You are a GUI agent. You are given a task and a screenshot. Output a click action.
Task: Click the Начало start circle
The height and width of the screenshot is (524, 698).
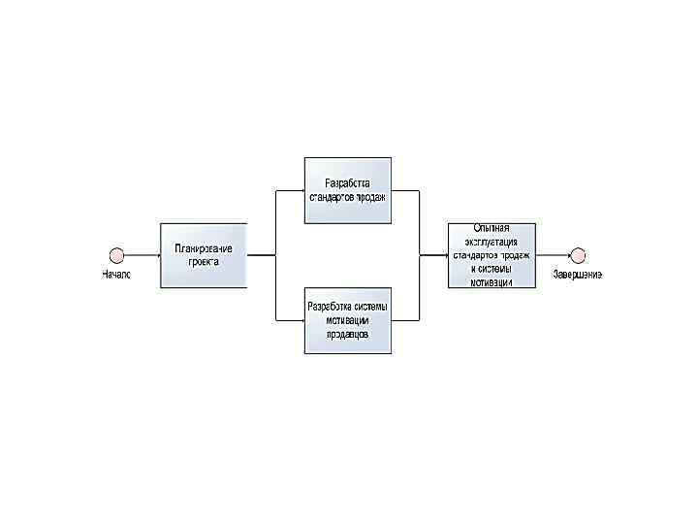[x=117, y=255]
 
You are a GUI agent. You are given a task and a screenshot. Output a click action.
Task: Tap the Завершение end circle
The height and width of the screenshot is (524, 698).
[x=578, y=255]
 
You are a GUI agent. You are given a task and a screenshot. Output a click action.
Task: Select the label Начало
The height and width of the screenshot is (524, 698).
[x=117, y=276]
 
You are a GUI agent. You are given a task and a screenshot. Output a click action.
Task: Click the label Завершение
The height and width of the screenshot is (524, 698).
[x=578, y=275]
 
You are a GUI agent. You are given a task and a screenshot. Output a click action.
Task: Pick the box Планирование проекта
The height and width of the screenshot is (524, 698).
[x=204, y=255]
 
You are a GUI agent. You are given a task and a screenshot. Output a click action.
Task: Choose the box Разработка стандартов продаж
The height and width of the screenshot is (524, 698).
[x=348, y=189]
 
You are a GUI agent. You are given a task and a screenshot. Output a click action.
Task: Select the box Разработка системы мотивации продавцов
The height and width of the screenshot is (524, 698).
[x=348, y=320]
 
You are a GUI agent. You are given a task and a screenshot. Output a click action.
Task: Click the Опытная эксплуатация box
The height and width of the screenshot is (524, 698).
[x=492, y=255]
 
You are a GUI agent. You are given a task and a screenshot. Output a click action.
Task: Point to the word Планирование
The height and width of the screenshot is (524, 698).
[x=204, y=248]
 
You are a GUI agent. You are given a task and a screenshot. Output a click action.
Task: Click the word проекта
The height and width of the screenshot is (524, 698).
[x=204, y=262]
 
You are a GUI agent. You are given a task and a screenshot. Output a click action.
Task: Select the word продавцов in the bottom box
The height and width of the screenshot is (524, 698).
[x=347, y=333]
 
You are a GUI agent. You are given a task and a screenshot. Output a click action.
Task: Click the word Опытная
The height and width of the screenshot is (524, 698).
[x=492, y=228]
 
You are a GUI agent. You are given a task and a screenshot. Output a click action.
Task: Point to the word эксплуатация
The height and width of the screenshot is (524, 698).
[x=492, y=242]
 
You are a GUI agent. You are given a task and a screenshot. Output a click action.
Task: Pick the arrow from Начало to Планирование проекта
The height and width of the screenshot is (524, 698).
[x=143, y=255]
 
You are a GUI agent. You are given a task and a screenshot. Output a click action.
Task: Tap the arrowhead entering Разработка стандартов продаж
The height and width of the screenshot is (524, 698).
[x=301, y=190]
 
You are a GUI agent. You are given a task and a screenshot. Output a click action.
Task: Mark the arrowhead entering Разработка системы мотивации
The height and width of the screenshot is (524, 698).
[x=301, y=320]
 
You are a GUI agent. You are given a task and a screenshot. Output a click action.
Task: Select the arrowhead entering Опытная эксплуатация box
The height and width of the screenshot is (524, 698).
[x=444, y=255]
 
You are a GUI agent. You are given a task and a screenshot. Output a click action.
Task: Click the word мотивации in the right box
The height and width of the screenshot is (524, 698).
[x=492, y=282]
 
